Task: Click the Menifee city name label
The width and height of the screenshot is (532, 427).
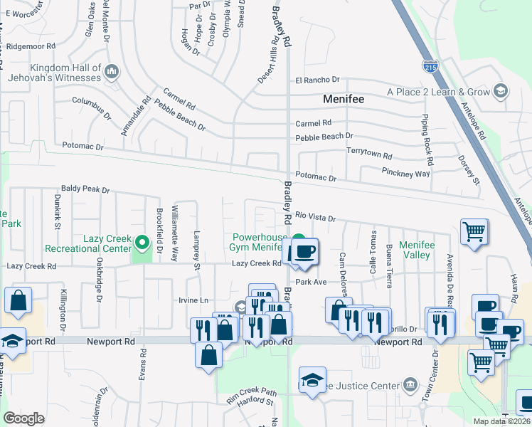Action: [344, 99]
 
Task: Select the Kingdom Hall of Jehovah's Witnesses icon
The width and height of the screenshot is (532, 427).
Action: [112, 71]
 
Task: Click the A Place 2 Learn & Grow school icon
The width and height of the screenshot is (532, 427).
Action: [501, 91]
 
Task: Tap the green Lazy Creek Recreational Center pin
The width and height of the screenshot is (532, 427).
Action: [142, 243]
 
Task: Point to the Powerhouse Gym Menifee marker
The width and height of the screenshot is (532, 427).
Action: [300, 240]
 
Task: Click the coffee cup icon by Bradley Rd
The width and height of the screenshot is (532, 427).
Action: [305, 251]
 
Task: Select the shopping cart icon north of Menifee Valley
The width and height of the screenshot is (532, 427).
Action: [474, 231]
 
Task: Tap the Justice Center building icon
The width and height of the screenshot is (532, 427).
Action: [410, 386]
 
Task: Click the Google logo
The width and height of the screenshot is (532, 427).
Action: [23, 418]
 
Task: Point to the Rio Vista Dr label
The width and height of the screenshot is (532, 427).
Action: [315, 216]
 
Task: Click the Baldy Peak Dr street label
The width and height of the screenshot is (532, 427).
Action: [85, 190]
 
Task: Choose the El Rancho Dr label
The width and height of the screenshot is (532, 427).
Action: [318, 80]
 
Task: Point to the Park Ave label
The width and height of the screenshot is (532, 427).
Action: [310, 282]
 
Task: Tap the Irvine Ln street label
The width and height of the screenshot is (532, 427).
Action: [193, 300]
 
